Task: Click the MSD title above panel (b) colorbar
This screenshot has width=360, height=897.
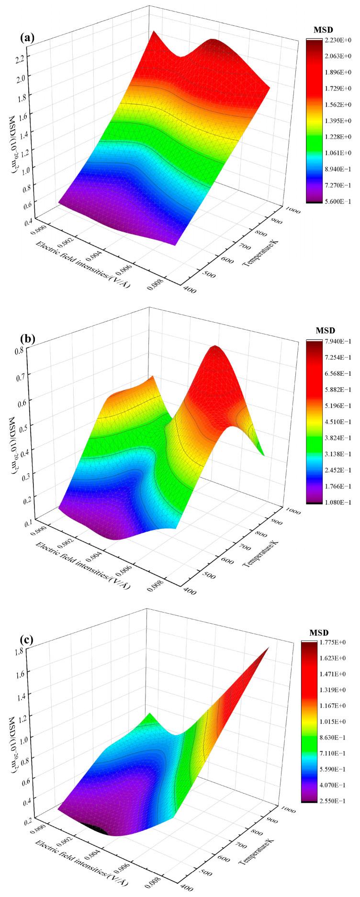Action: click(x=326, y=331)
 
